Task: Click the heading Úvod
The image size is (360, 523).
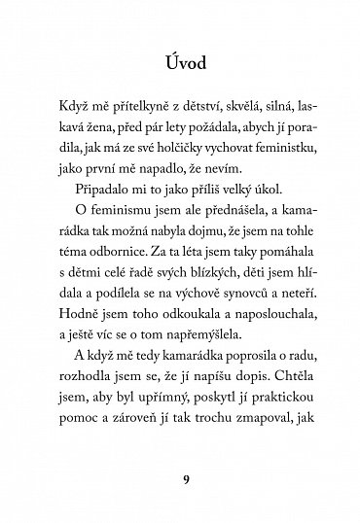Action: [x=179, y=65]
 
